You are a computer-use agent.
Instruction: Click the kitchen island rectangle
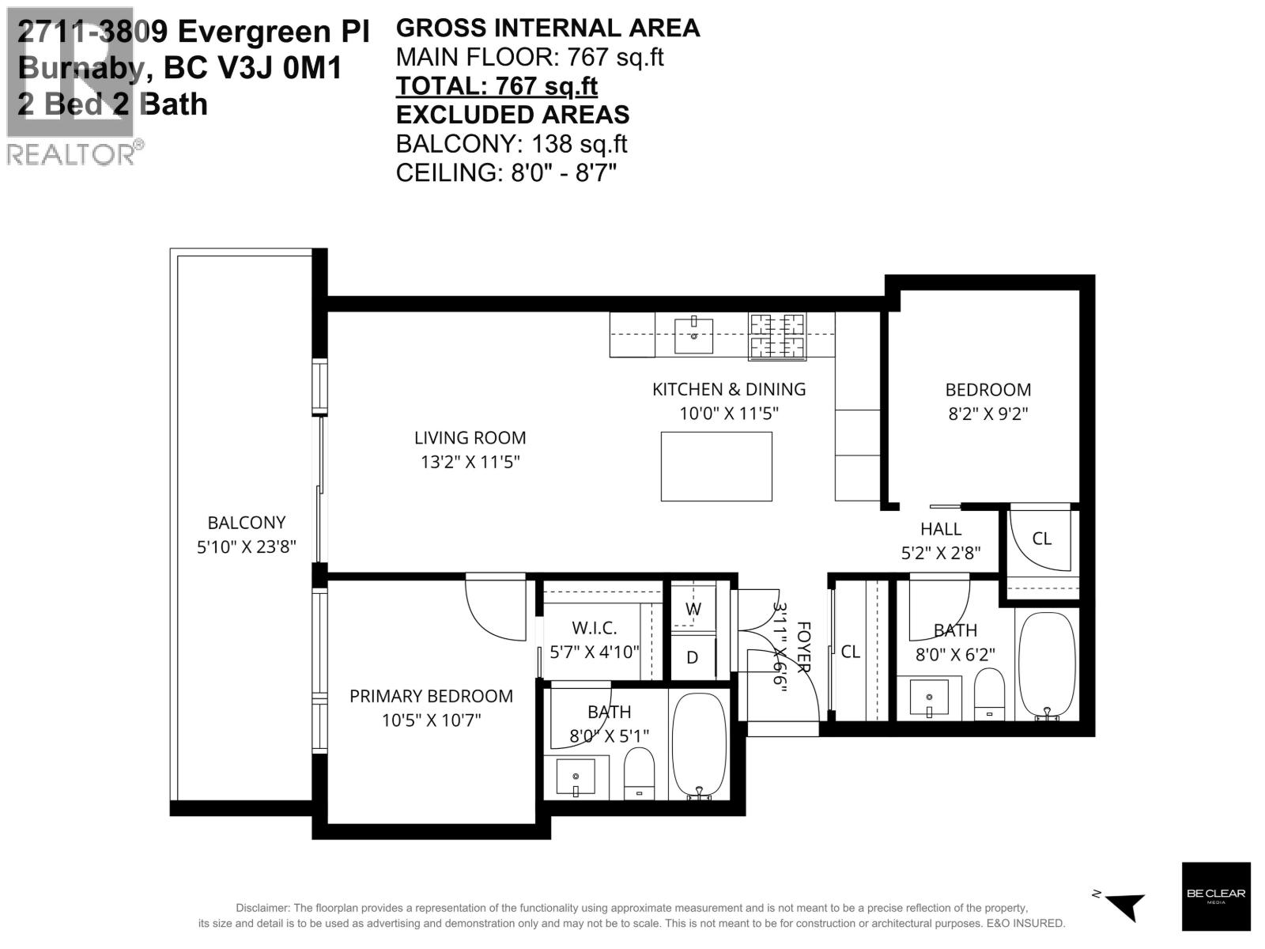pos(716,467)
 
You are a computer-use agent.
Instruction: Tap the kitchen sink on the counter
pos(693,336)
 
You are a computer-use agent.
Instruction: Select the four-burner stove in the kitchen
pos(777,336)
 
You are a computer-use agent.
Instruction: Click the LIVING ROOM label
pos(470,437)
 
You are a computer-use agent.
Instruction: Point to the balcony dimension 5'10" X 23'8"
pos(246,546)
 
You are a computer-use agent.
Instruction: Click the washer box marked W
pos(693,608)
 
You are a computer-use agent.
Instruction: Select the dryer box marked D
pos(693,657)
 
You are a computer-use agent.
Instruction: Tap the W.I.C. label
pos(594,628)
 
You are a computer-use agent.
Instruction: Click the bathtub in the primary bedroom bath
pos(698,746)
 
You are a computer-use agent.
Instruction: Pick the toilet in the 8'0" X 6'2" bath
pos(988,694)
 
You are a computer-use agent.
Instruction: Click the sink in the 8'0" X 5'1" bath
pos(576,777)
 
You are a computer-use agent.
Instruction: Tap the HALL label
pos(941,528)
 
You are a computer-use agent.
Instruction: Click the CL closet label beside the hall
pos(1042,539)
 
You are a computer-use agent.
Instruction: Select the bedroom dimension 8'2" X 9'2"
pos(988,413)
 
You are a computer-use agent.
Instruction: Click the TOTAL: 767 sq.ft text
pos(497,85)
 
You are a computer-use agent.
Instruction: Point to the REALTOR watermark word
pos(71,154)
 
